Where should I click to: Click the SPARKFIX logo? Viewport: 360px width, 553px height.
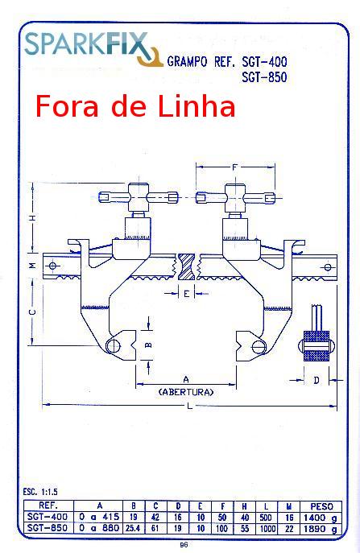pos(93,48)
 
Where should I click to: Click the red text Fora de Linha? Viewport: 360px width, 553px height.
pos(135,106)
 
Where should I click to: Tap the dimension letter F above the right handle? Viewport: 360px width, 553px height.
pos(235,167)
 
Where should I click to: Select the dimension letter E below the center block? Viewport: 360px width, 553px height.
pos(187,293)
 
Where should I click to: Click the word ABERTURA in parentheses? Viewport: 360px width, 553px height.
pos(186,392)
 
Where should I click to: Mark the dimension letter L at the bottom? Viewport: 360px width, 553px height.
pos(190,406)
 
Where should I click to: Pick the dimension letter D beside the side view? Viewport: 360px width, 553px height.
pos(317,380)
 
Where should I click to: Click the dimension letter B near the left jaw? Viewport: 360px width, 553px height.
pos(148,345)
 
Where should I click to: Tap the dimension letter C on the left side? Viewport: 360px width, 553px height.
pos(32,312)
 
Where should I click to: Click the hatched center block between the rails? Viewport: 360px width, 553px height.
pos(186,267)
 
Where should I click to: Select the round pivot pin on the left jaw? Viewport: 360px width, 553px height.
pos(114,346)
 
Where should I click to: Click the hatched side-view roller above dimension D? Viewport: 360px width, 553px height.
pos(316,346)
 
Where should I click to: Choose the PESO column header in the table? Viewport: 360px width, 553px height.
pos(321,506)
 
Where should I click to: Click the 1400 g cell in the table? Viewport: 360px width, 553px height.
pos(320,518)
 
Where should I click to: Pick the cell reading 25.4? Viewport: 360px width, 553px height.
pos(133,528)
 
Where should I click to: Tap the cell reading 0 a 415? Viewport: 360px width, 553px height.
pos(99,517)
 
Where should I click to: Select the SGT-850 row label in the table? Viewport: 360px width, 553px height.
pos(48,527)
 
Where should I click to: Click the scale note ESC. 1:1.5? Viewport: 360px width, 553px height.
pos(40,491)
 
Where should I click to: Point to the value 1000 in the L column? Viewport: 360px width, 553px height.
pos(266,528)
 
